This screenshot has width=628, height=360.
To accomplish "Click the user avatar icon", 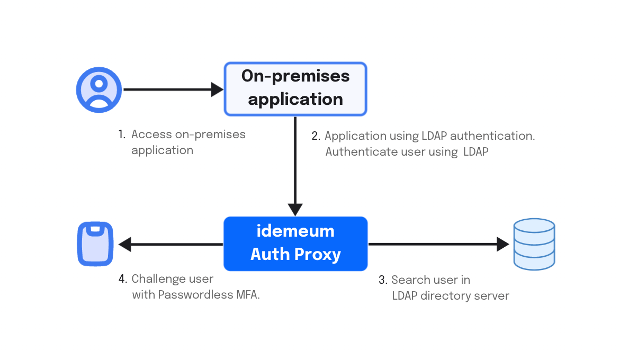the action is [x=99, y=89].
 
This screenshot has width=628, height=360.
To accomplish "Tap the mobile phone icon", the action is [x=95, y=244].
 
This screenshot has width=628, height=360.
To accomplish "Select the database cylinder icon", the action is [x=534, y=244].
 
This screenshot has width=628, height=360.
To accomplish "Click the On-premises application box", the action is [x=295, y=89].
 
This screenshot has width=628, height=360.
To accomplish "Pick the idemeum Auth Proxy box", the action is [x=295, y=244].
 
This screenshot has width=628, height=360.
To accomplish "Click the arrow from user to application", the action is [x=174, y=89].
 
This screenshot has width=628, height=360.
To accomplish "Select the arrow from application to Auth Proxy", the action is [x=295, y=166].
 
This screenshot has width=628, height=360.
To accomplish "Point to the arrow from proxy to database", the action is [x=438, y=244].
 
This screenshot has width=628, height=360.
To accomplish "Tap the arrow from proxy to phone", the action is [x=171, y=244].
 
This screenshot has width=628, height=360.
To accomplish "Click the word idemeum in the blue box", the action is [x=295, y=231].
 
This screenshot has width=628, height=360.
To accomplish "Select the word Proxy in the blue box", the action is [x=318, y=255].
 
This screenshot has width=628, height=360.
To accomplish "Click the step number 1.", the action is [x=122, y=134].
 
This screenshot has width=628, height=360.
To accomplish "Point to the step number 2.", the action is [x=316, y=136].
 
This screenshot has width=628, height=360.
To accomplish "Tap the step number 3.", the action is [x=383, y=280].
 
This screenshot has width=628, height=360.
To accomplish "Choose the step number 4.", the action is [x=122, y=278].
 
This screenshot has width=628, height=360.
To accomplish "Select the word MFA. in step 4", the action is [x=248, y=295].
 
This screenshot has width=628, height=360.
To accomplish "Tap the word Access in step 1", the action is [x=152, y=134].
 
